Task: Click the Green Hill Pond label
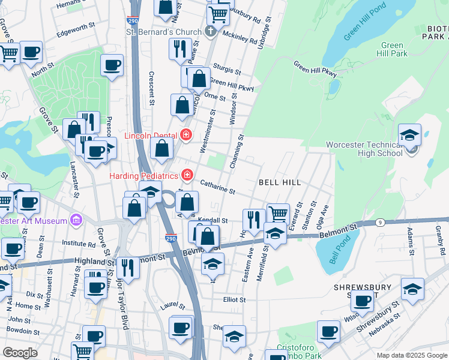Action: pyautogui.click(x=363, y=23)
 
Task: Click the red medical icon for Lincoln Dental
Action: pyautogui.click(x=187, y=135)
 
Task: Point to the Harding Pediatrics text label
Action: pyautogui.click(x=144, y=176)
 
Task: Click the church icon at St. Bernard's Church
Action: pyautogui.click(x=211, y=32)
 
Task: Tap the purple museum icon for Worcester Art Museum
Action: pyautogui.click(x=76, y=221)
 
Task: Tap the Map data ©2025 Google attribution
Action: pyautogui.click(x=411, y=355)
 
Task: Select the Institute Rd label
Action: pyautogui.click(x=79, y=245)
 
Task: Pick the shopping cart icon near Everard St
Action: pyautogui.click(x=278, y=214)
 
